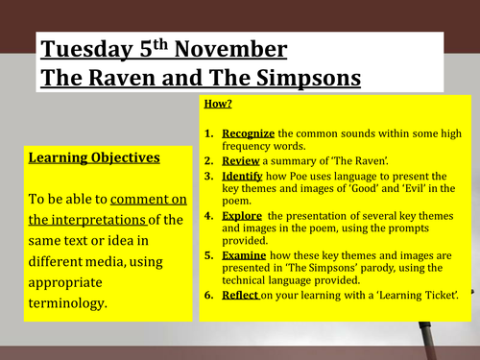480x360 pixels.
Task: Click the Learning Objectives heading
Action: (x=94, y=157)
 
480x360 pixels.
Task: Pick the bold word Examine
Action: (x=245, y=255)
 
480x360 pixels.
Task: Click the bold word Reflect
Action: (x=241, y=296)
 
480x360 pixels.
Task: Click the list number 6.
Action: (x=210, y=296)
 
